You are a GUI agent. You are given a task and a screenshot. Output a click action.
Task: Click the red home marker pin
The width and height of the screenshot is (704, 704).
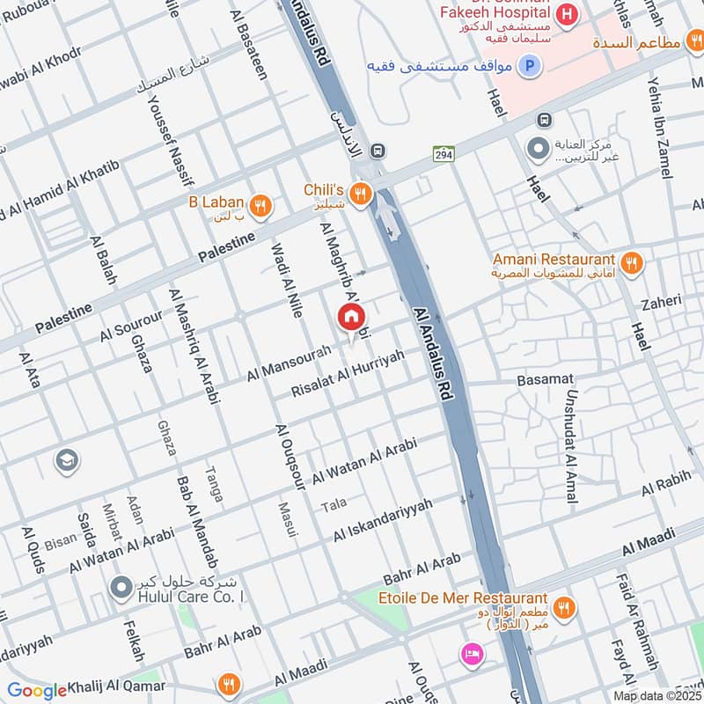[351, 318]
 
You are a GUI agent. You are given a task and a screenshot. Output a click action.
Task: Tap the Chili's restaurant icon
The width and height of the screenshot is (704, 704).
[359, 195]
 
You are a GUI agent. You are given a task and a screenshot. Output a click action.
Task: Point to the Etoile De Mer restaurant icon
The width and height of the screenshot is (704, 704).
[563, 607]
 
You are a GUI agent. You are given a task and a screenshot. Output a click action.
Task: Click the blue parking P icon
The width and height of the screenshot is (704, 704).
[529, 64]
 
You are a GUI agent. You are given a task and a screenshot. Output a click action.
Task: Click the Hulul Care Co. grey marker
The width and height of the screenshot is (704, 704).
[121, 585]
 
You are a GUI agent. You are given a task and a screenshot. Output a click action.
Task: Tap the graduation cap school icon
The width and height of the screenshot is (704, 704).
[65, 459]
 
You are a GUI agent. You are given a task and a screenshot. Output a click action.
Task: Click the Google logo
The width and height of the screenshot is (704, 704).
[37, 690]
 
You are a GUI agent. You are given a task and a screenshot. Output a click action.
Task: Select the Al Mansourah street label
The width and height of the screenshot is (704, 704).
[289, 363]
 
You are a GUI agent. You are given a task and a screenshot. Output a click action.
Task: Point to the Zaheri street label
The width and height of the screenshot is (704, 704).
[661, 302]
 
